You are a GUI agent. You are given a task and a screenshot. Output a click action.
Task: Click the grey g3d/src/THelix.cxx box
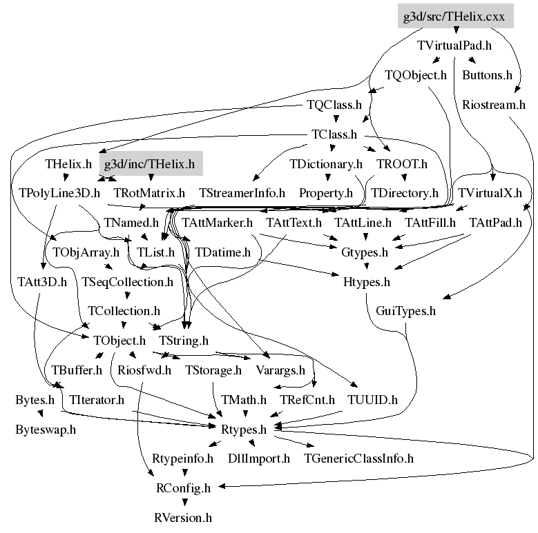point(455,15)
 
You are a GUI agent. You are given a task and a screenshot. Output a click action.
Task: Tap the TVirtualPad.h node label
point(454,46)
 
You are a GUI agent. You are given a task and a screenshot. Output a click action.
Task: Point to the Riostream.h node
point(494,105)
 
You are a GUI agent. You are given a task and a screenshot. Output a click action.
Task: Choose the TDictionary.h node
point(326,164)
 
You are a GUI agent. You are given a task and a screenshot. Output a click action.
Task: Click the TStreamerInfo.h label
point(242,193)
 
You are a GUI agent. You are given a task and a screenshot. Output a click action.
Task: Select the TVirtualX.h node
point(490,193)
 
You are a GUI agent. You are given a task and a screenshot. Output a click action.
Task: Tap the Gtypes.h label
point(365,252)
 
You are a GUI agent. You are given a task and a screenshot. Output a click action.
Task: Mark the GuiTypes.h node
point(406,311)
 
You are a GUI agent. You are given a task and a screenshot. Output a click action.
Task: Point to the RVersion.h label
point(182,516)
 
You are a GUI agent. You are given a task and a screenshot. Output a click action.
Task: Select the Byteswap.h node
point(46,429)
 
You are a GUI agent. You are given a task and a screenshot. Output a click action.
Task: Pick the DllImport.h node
point(259,458)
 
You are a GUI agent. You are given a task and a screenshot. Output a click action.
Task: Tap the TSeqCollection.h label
point(127,281)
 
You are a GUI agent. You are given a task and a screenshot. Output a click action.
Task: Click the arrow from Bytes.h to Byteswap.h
point(39,414)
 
